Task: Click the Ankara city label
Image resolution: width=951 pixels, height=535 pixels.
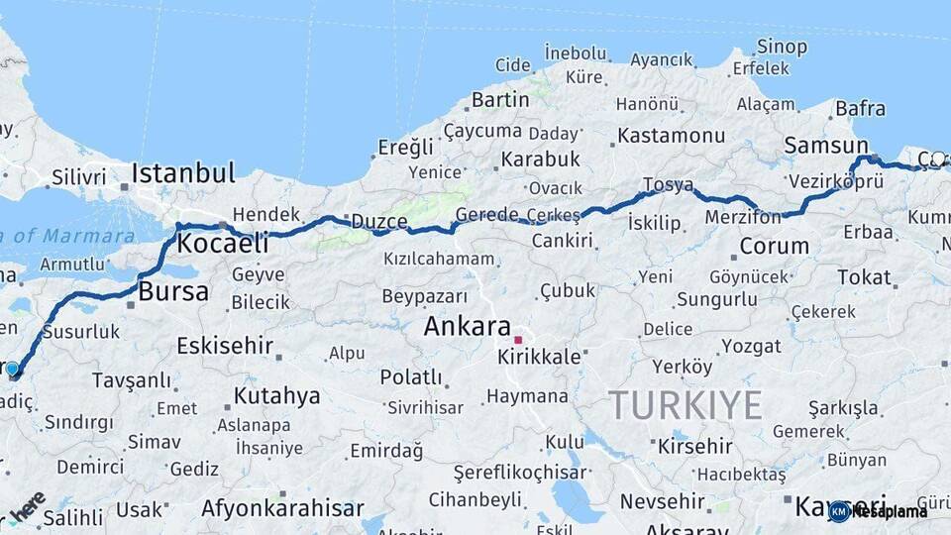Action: point(467,326)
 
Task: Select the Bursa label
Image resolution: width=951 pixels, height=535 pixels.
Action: point(173,291)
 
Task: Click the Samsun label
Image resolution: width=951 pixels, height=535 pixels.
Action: point(825,145)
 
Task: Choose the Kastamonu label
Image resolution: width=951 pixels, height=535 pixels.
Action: point(671,135)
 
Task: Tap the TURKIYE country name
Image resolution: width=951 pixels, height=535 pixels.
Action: point(685,404)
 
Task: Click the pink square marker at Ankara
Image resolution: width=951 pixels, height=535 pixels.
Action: point(517,340)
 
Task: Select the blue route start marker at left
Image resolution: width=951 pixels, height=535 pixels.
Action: point(12,370)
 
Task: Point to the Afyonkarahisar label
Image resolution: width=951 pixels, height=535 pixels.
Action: point(282,508)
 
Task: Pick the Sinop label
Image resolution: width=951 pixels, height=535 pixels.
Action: point(782,46)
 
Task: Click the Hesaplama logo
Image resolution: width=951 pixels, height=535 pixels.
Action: point(879,511)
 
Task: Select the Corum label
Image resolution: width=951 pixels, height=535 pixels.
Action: point(774,246)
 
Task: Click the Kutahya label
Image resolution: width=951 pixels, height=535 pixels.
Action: point(276,396)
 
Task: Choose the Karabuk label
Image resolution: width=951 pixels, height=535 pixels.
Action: point(540,159)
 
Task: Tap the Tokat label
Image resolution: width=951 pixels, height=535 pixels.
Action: point(864,277)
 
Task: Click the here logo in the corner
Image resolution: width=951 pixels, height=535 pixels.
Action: point(27,505)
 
